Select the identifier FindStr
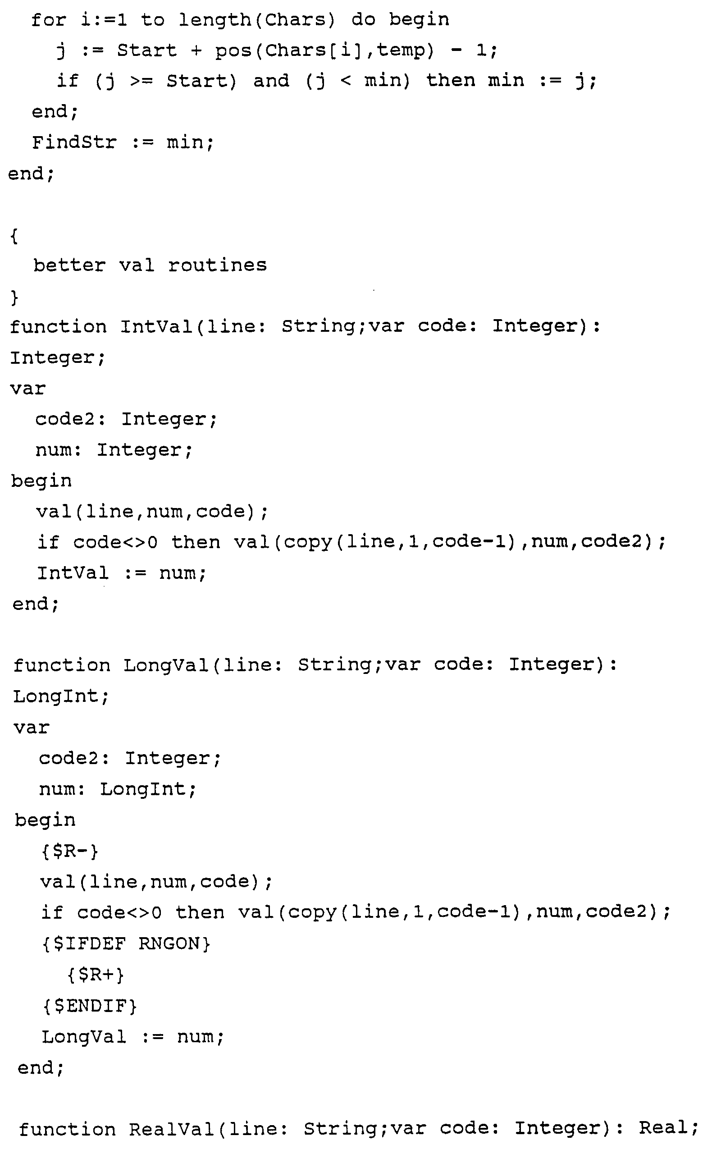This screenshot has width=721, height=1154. (x=74, y=142)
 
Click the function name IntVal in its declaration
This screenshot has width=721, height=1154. (x=155, y=327)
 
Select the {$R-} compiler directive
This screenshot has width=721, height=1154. (x=69, y=851)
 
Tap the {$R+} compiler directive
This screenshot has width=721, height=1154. (x=96, y=975)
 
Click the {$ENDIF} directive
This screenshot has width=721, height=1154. (x=90, y=1006)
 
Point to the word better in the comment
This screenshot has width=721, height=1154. (x=69, y=265)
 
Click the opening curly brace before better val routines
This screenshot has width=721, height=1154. (x=14, y=236)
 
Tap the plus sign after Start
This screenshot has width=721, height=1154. (x=196, y=50)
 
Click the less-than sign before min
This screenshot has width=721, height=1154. (x=346, y=81)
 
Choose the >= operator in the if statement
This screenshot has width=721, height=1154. (x=141, y=81)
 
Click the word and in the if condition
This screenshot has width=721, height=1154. (x=271, y=81)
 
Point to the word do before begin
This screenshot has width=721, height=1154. (x=363, y=20)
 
